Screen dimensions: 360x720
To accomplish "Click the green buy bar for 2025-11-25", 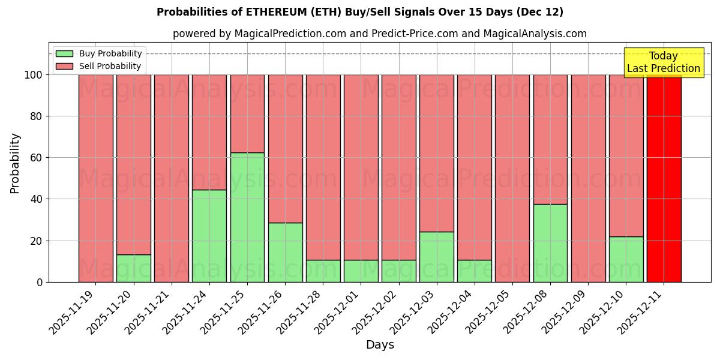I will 247,217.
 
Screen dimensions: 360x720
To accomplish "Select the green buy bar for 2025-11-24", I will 209,236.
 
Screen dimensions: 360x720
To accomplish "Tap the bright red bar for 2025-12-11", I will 664,178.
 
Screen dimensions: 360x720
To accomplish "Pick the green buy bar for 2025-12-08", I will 550,243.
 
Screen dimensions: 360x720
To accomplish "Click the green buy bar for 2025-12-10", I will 626,259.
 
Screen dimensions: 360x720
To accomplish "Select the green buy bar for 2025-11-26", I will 285,252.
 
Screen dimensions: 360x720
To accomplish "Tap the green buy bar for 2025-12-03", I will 437,257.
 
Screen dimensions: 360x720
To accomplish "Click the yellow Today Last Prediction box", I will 664,62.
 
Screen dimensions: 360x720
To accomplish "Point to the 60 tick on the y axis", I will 37,158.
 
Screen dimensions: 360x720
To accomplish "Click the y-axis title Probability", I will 15,163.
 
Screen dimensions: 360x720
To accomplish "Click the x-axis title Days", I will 380,345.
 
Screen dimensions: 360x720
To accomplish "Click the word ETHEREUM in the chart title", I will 275,12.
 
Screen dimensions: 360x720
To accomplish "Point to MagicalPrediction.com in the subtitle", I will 290,34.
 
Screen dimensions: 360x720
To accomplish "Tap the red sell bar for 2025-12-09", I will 588,178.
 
